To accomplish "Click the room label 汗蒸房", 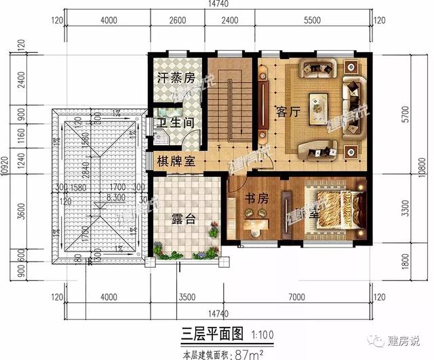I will [x=176, y=79].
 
